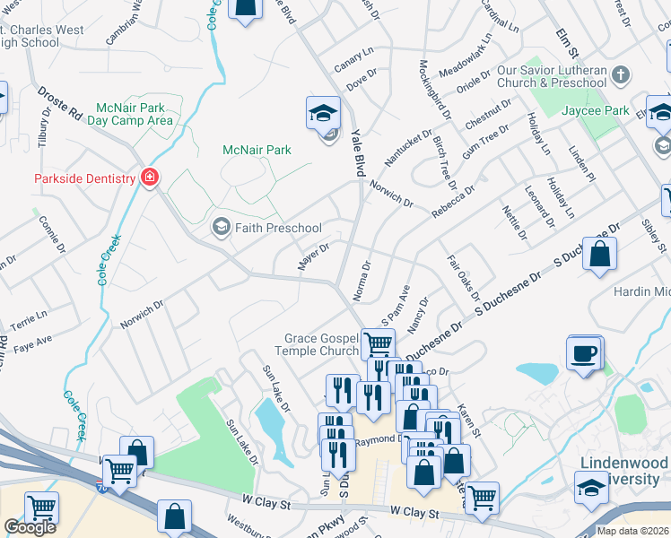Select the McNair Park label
[257, 150]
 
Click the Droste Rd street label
[59, 104]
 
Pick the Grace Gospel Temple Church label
[321, 345]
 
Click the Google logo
[30, 527]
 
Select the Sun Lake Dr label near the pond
[276, 387]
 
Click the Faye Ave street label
[33, 341]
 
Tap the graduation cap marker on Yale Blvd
[323, 113]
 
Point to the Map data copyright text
[632, 531]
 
